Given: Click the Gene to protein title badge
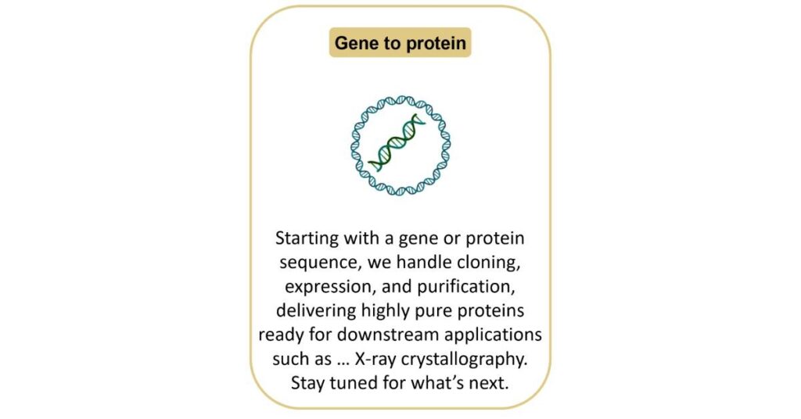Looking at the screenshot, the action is (400, 42).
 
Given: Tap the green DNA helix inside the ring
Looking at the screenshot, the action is (397, 142).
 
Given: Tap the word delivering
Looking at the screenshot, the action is (316, 310).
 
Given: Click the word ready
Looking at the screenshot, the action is (282, 335).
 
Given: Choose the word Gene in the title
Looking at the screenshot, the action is (357, 43).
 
